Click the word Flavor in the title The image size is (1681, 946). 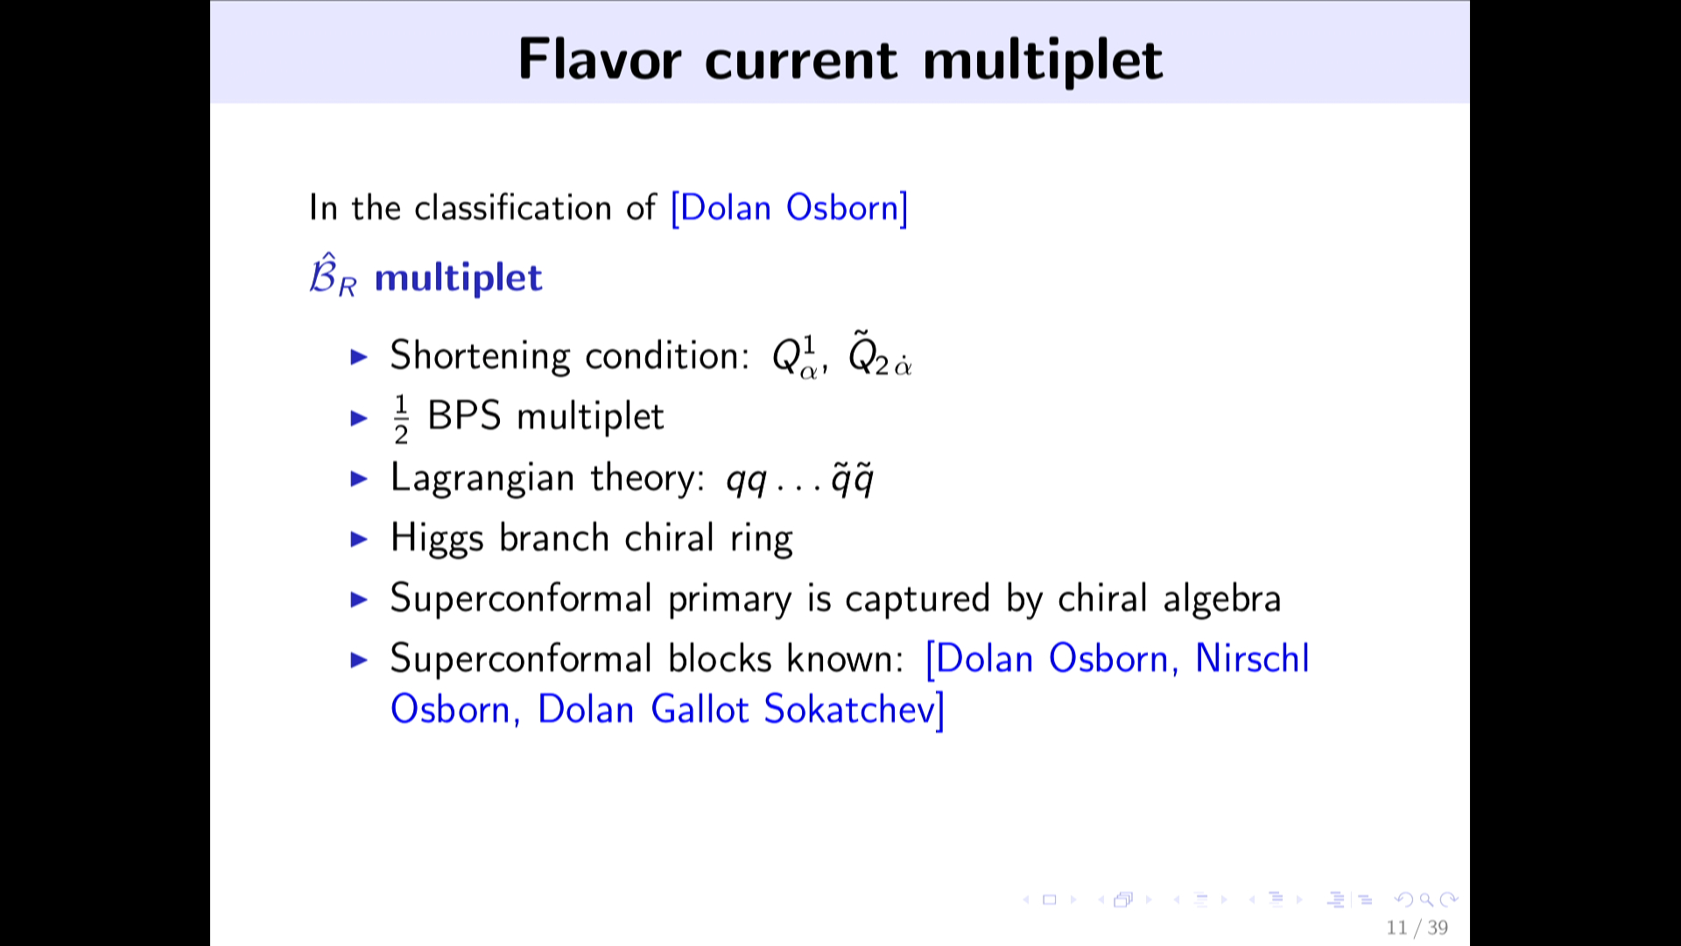coord(600,60)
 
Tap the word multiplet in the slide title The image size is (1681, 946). coord(1043,61)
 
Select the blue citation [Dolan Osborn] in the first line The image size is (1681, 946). coord(790,208)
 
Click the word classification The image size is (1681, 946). coord(512,208)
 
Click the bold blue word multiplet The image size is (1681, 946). coord(458,279)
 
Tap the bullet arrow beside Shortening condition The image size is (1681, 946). coord(359,357)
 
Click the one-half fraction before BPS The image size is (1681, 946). coord(401,419)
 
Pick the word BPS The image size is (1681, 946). coord(464,416)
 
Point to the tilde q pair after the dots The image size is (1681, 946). coord(852,479)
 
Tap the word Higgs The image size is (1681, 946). coord(437,539)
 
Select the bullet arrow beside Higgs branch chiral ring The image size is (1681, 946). coord(359,539)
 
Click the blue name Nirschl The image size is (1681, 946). coord(1252,659)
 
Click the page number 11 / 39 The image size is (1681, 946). coord(1417,928)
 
